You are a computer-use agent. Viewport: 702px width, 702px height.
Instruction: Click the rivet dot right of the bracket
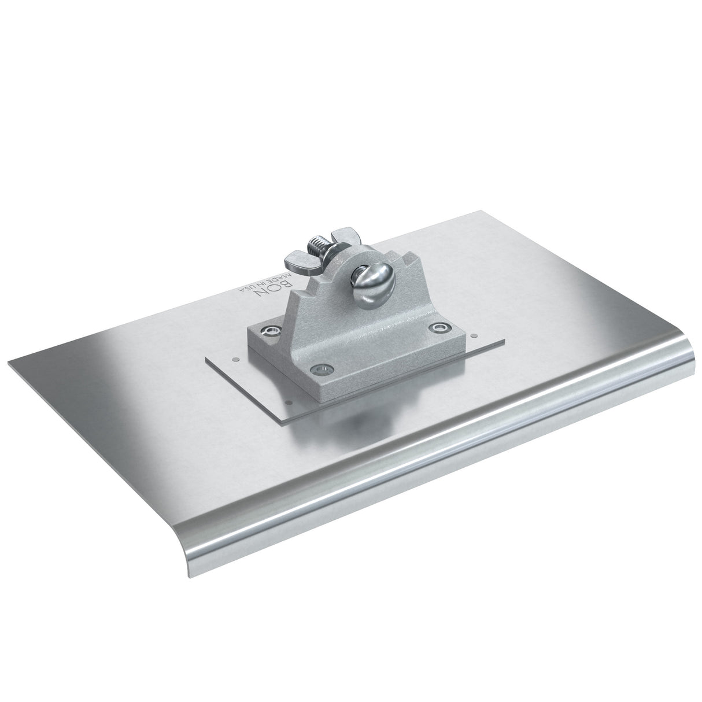(473, 334)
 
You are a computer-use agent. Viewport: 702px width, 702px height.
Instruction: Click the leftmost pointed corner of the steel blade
(9, 364)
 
